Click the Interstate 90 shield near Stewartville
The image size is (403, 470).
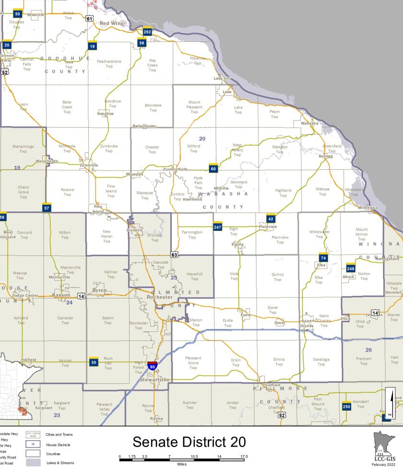pyautogui.click(x=152, y=366)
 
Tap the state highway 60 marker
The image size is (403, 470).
pyautogui.click(x=213, y=168)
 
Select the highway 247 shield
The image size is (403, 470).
pyautogui.click(x=217, y=226)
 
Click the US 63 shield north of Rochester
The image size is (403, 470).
pyautogui.click(x=174, y=254)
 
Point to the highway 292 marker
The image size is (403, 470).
pyautogui.click(x=147, y=32)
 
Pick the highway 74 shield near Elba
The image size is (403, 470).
pyautogui.click(x=323, y=257)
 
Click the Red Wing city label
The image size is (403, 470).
pyautogui.click(x=111, y=23)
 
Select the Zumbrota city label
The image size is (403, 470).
pyautogui.click(x=89, y=165)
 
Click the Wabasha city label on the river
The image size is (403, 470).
pyautogui.click(x=309, y=123)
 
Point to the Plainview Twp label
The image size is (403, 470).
pyautogui.click(x=280, y=239)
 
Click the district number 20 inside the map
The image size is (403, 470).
pyautogui.click(x=202, y=139)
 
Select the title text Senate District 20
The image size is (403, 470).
pyautogui.click(x=189, y=442)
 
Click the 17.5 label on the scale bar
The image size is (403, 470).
pyautogui.click(x=244, y=456)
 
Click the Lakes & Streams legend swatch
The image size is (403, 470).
pyautogui.click(x=33, y=463)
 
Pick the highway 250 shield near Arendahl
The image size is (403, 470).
pyautogui.click(x=346, y=406)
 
